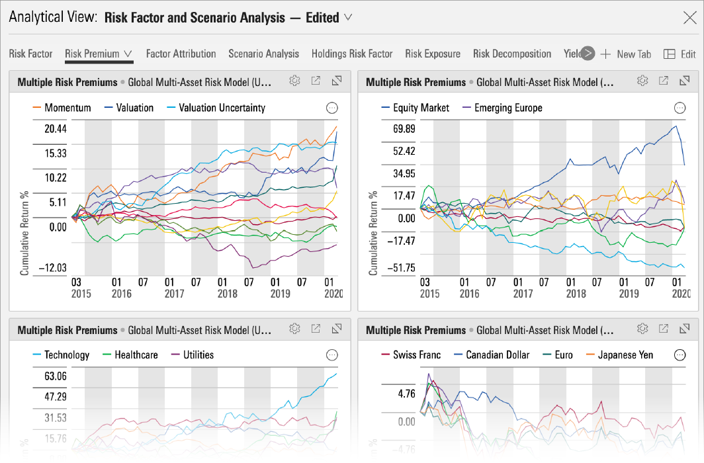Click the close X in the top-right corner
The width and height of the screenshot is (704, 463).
[689, 18]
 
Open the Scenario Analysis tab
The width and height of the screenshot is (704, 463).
[263, 54]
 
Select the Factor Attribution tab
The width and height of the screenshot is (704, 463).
[181, 54]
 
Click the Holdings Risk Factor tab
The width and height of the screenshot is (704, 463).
[352, 54]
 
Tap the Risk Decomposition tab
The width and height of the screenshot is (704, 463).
[511, 54]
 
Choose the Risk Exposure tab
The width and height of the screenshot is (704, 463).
[433, 54]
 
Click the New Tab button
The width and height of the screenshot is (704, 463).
[626, 54]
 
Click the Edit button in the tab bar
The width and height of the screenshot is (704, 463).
[680, 54]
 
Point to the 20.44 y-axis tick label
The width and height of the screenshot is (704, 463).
[56, 128]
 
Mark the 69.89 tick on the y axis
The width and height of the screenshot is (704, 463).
[404, 128]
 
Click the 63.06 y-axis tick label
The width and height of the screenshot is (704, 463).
[56, 376]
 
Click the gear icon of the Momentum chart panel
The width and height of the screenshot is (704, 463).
[294, 81]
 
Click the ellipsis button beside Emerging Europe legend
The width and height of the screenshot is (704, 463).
[680, 108]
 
